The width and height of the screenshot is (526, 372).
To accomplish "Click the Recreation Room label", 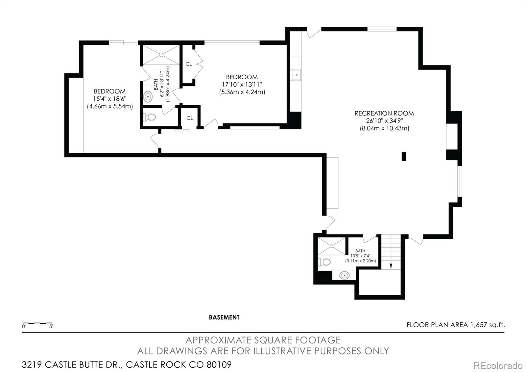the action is (x=384, y=113).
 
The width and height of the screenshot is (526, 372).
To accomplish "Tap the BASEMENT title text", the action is (x=224, y=317).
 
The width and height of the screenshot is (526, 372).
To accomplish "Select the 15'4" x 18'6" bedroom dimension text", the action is (x=110, y=99).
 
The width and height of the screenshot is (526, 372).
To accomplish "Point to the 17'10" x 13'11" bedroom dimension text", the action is (x=242, y=84).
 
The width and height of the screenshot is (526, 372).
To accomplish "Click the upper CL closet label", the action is (x=189, y=64).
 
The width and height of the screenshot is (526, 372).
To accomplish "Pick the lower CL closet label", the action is (x=189, y=118).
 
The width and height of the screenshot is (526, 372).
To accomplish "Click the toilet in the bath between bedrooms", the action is (x=150, y=117).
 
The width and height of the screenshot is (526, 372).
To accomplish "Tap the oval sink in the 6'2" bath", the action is (x=148, y=96).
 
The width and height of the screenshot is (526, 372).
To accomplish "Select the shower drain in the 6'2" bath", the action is (x=161, y=55).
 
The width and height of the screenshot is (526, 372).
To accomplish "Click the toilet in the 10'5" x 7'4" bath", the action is (x=324, y=261).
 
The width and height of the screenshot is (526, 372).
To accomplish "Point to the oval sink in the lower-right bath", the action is (x=344, y=275).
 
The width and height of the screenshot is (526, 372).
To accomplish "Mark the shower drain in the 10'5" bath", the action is (x=332, y=246).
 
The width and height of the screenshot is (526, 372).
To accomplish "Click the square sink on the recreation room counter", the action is (x=297, y=75).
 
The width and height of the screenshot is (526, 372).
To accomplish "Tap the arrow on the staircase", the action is (x=391, y=266).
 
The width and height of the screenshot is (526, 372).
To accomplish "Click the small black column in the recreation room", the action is (x=404, y=157).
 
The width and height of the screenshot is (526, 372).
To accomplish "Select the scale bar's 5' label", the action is (x=51, y=326).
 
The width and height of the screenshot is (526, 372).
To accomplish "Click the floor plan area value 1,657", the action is (x=479, y=325).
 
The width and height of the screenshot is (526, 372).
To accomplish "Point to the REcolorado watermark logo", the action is (x=498, y=366).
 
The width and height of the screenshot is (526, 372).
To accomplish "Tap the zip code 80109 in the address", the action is (x=219, y=365).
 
